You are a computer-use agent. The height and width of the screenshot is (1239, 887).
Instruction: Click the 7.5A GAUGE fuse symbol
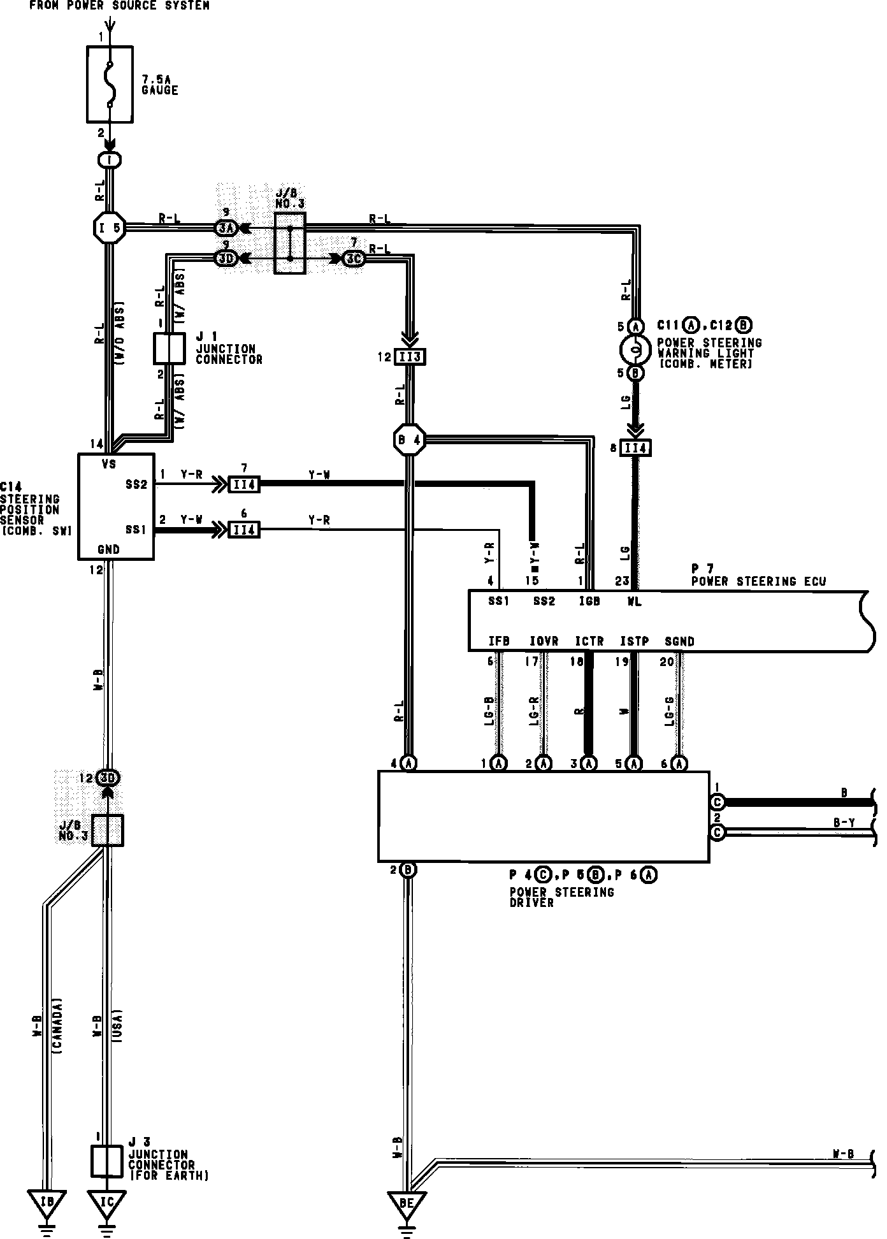click(x=110, y=83)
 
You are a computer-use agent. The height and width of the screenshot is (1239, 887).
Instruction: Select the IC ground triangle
click(x=107, y=1202)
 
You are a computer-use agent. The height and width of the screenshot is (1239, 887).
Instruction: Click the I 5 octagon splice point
click(x=109, y=226)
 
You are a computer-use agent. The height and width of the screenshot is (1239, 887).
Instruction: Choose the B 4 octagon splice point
click(x=409, y=440)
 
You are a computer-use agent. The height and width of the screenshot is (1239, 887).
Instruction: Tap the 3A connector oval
click(x=226, y=227)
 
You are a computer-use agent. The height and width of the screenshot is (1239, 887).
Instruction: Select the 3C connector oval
click(x=354, y=259)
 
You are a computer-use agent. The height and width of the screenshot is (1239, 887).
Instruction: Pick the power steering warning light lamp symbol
click(x=635, y=349)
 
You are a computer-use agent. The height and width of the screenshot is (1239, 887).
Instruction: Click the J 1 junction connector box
click(x=169, y=349)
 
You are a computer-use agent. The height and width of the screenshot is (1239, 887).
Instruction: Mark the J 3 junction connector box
click(x=106, y=1161)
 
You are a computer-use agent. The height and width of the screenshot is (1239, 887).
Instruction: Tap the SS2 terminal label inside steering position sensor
click(x=136, y=484)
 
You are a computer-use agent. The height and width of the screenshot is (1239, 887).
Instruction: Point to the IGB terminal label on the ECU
click(x=588, y=602)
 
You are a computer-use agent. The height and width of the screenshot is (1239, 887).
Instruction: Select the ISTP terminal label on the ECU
click(x=634, y=641)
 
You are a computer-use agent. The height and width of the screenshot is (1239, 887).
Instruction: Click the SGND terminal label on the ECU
click(x=679, y=641)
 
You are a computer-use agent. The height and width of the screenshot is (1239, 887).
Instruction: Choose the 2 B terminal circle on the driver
click(x=408, y=870)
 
